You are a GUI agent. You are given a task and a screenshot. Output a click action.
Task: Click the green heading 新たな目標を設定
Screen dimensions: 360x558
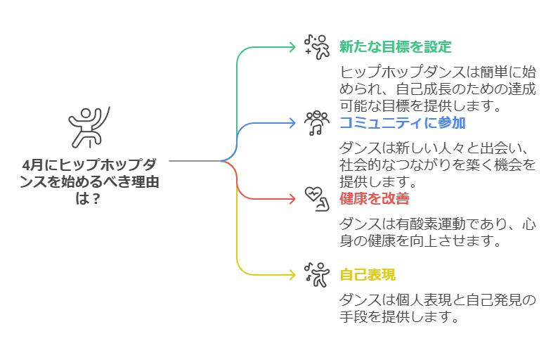pos(395,47)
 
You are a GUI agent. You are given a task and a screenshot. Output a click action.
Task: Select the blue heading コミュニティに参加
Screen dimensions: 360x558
pos(402,123)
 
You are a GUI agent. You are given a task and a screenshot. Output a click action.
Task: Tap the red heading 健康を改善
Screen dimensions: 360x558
pos(374,198)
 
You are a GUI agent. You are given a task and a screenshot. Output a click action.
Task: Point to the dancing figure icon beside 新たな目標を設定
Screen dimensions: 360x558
pos(316,46)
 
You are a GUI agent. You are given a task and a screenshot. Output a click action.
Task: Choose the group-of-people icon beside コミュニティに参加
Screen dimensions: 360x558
pos(316,122)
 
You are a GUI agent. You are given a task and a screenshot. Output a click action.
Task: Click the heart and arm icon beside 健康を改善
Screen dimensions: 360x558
pos(316,198)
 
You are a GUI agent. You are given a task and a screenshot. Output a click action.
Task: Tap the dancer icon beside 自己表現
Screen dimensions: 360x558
pos(316,274)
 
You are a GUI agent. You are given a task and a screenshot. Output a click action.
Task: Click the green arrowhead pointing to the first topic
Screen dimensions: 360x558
pos(292,47)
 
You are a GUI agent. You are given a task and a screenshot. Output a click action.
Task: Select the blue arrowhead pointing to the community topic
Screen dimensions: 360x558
pos(292,123)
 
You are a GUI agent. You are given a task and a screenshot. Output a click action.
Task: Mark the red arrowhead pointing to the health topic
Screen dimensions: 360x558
pos(292,199)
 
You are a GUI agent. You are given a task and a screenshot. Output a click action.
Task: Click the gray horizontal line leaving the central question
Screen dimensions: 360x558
pos(193,161)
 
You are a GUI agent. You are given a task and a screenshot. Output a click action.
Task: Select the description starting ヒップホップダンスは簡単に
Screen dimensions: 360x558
pos(437,89)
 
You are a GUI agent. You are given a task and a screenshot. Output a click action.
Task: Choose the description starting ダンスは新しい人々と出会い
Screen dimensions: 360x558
pos(437,165)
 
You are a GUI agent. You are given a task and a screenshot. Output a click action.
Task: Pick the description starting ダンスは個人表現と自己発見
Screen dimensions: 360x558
pos(437,308)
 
